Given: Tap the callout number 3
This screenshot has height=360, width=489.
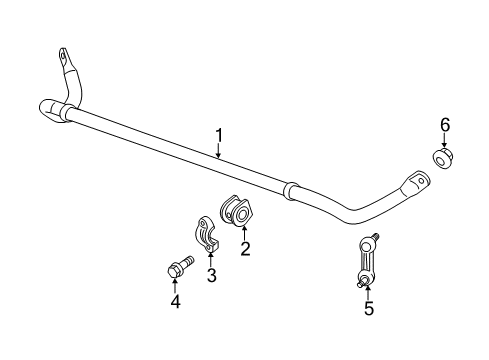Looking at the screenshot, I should point(211,275).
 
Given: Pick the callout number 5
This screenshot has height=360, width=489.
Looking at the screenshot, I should point(368,309).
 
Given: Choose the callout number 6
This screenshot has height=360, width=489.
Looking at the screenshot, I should point(444,124).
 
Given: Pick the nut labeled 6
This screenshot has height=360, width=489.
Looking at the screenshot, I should point(441,160).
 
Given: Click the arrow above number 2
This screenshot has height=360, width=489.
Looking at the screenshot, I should point(243,233).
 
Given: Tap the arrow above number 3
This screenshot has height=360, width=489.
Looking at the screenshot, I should point(210,259).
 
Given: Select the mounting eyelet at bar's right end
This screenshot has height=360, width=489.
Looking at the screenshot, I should point(415,184).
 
